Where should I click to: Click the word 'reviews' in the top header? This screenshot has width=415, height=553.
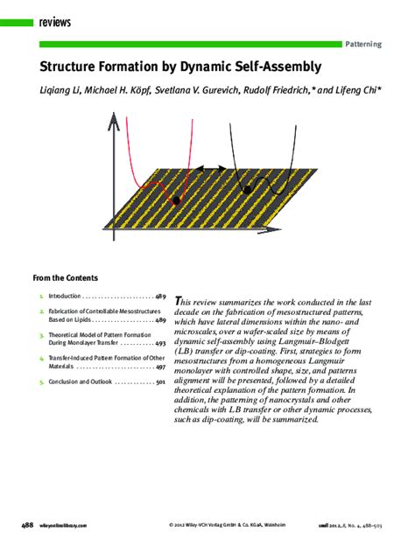[x=55, y=22]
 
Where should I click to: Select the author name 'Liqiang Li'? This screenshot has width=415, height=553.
[x=62, y=89]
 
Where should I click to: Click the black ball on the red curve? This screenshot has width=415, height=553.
[x=177, y=200]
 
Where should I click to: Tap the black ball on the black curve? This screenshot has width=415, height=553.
[x=248, y=188]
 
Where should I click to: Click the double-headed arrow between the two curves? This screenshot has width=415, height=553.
[x=209, y=169]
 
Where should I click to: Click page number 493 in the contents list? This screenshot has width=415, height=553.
[x=160, y=344]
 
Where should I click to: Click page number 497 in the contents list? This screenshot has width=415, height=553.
[x=160, y=367]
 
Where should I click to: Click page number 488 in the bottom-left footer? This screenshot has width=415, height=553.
[x=27, y=525]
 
